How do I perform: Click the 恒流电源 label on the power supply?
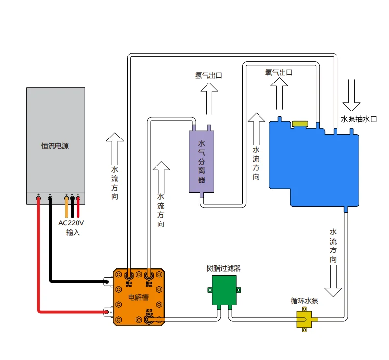[x=55, y=146]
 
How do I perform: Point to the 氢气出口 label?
[x=208, y=75]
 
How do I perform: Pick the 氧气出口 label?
[x=279, y=72]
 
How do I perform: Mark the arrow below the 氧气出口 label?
[x=280, y=93]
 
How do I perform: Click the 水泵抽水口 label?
[x=359, y=119]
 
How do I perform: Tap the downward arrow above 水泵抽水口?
[x=351, y=95]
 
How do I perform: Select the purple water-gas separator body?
[x=202, y=162]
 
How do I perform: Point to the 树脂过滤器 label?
[x=223, y=268]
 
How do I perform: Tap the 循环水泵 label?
[x=304, y=301]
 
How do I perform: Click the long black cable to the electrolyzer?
[x=50, y=255]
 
